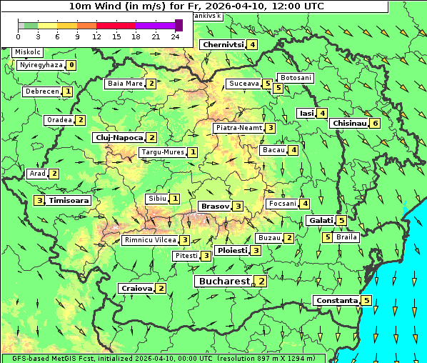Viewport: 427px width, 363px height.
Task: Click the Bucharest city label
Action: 223,282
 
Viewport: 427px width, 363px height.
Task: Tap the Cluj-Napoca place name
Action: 118,137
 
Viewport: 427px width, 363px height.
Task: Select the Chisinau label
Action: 349,123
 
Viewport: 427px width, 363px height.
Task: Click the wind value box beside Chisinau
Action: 376,123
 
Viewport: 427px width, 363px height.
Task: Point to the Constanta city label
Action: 336,301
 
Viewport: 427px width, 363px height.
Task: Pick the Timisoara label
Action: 69,201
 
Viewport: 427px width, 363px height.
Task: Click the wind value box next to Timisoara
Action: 40,201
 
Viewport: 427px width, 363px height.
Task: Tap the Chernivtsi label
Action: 223,44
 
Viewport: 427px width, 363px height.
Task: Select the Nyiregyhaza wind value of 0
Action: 71,65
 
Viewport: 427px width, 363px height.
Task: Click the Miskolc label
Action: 28,52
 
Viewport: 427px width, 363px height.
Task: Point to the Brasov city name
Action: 215,206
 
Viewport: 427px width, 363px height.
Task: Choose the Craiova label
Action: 137,288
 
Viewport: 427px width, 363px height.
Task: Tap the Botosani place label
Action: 295,77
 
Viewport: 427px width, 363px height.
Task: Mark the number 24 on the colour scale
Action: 175,36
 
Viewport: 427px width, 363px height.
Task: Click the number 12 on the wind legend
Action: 96,36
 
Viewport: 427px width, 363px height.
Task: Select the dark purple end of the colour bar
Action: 179,25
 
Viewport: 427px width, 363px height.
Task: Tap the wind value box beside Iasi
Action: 323,113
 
